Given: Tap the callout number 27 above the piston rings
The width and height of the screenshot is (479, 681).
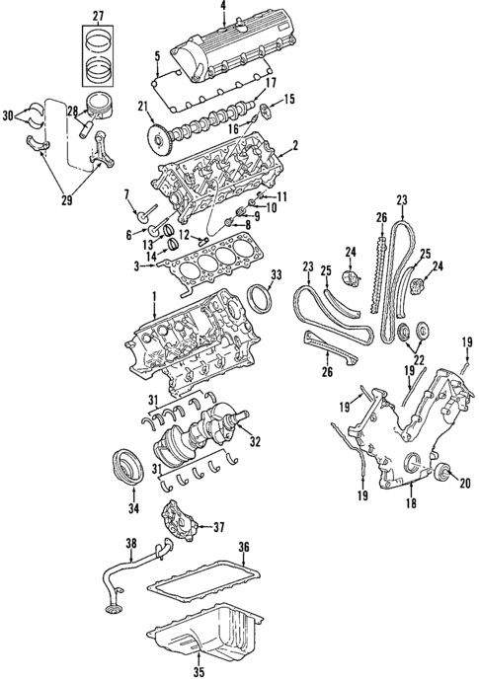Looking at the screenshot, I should click(98, 14).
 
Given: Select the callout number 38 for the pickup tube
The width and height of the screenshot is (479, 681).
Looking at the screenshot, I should click(130, 544).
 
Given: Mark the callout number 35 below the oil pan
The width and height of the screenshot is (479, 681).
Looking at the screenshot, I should click(199, 673).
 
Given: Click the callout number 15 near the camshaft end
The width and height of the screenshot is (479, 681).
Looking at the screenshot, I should click(290, 98).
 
